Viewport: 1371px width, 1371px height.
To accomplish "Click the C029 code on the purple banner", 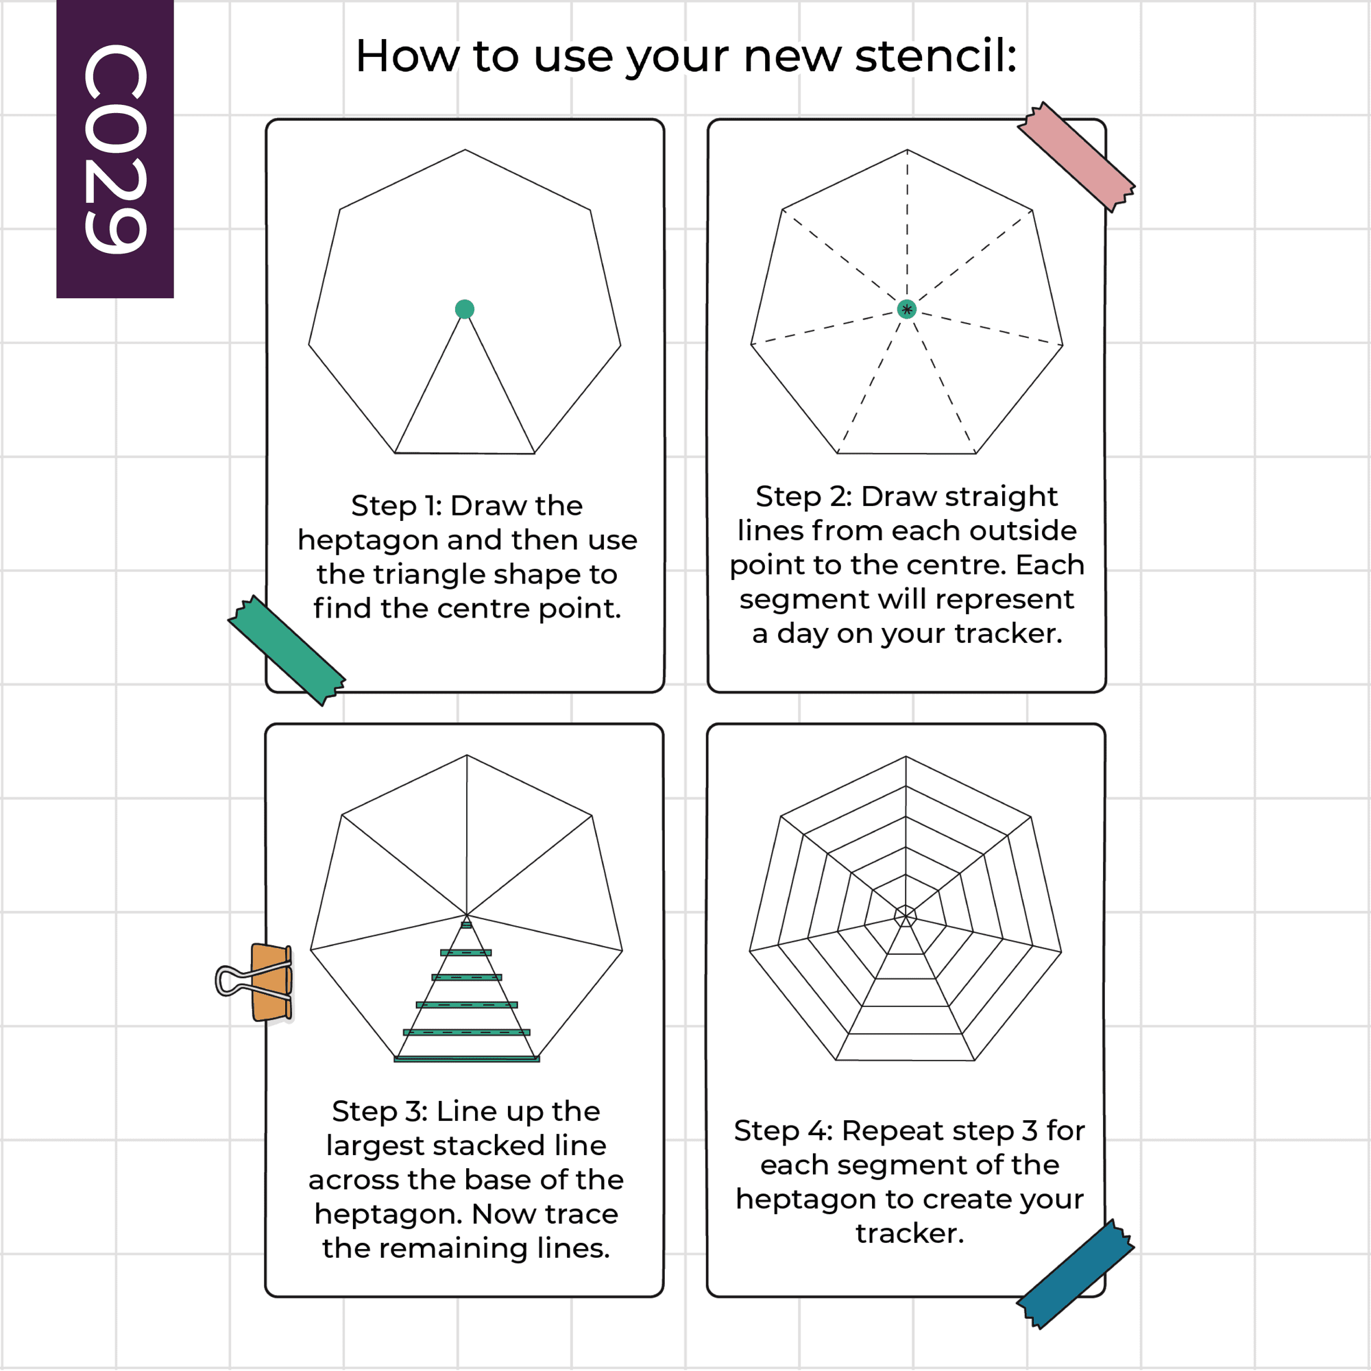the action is coord(115,148).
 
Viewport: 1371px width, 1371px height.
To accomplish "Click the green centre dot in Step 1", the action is coord(465,308).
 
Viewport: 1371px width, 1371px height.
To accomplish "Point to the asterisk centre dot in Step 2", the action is coord(906,308).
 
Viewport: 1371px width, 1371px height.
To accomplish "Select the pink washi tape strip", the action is coord(1076,157).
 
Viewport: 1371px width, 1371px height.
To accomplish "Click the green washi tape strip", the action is coord(287,650).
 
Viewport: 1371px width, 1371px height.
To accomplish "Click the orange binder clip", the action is coord(256,982).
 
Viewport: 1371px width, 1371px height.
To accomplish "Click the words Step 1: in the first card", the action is coord(397,506).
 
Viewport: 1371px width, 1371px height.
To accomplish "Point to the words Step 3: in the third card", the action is coord(380,1111).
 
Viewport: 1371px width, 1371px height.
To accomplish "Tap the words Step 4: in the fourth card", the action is coord(783,1130).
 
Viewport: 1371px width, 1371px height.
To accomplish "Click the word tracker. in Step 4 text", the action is coord(910,1233).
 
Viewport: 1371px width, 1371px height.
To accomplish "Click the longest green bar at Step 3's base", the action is coord(467,1059).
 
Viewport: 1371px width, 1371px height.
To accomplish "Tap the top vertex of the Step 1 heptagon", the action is coord(465,149).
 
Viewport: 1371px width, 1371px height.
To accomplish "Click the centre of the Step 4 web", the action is coord(906,915).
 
